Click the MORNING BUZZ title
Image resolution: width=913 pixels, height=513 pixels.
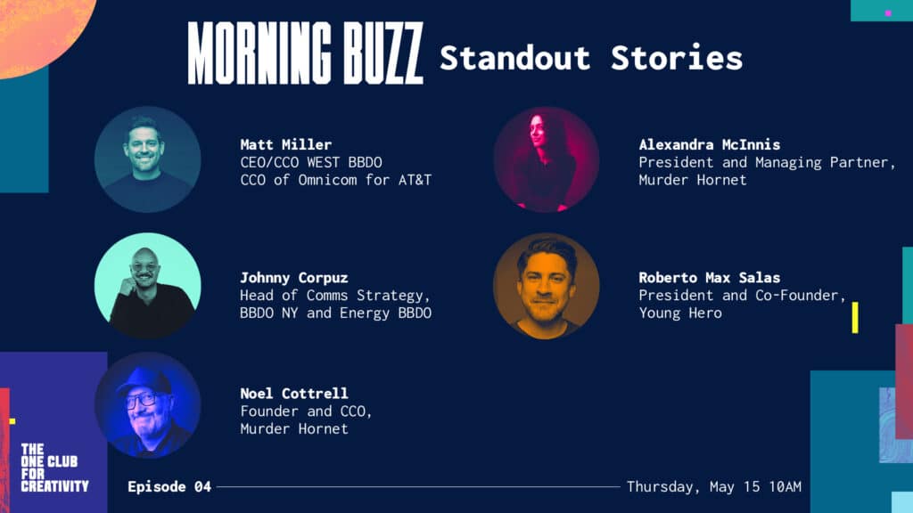[305, 53]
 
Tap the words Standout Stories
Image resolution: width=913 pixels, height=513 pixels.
[591, 58]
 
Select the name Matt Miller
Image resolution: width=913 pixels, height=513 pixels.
[286, 144]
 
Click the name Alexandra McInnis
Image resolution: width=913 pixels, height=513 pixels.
[709, 144]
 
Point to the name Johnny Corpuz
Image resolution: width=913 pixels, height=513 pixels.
[294, 278]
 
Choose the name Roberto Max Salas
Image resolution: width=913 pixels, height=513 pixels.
[709, 278]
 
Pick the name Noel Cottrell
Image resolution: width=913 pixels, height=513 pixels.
[294, 393]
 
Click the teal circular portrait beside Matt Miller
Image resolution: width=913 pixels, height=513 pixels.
[148, 159]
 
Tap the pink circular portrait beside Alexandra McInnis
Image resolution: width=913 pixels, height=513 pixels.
[547, 159]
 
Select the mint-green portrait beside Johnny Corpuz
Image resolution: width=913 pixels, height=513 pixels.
[148, 286]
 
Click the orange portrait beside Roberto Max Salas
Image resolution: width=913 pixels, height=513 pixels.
[547, 286]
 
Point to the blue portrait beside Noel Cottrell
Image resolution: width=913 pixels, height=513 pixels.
[148, 405]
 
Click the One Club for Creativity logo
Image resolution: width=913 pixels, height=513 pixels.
[54, 468]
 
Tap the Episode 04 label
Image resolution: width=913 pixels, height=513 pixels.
[169, 487]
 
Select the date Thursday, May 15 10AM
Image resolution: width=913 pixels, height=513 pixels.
[714, 487]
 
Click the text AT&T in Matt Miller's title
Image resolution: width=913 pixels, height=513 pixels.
[415, 180]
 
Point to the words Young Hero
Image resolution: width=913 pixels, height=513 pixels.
[680, 313]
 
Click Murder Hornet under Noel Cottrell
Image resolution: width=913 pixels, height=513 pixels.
[294, 428]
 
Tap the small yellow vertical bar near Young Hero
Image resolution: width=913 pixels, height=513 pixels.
[855, 318]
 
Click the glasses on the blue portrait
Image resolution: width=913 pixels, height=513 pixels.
[141, 401]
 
